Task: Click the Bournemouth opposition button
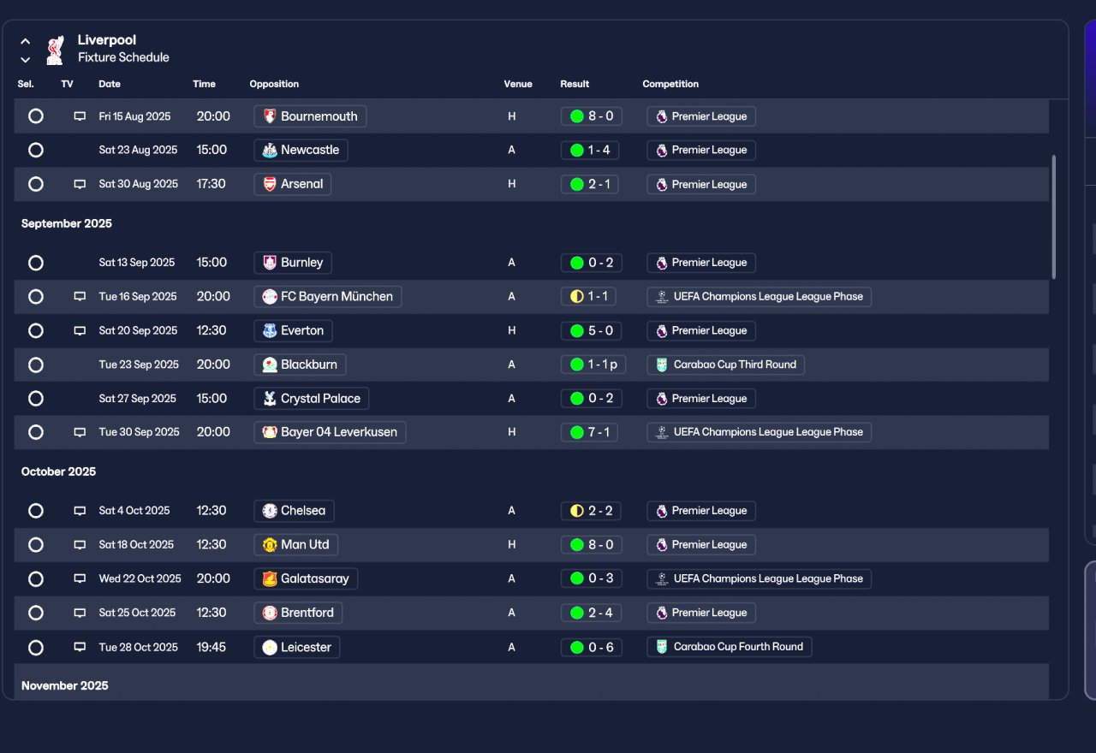pos(310,116)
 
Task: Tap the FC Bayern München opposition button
pos(327,297)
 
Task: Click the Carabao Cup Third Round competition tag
pos(725,365)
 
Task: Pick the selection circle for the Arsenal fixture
pos(36,184)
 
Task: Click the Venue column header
pos(518,84)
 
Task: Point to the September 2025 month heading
pos(67,223)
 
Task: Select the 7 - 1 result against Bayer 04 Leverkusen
pos(589,432)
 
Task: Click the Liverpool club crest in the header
pos(55,50)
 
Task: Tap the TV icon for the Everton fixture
pos(80,331)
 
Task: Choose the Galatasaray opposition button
pos(306,578)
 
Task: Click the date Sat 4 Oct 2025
pos(134,511)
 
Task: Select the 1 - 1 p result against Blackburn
pos(593,365)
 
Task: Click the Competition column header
pos(670,84)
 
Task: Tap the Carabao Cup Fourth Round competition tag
pos(729,647)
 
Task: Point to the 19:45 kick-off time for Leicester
pos(211,647)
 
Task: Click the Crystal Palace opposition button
pos(312,399)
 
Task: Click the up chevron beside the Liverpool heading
pos(26,41)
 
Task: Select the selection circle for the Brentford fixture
pos(36,613)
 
